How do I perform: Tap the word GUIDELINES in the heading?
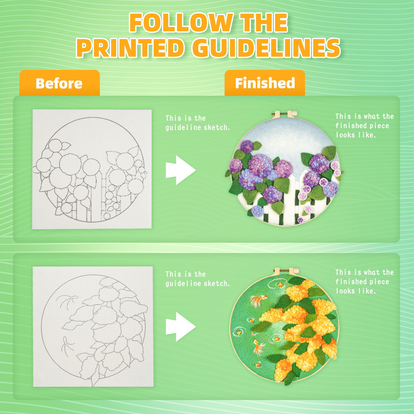(266, 48)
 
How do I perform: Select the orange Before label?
(60, 83)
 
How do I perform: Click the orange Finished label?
(265, 83)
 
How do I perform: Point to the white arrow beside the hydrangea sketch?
(181, 170)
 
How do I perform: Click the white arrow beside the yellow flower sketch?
(181, 327)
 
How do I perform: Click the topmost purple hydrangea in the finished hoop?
(247, 146)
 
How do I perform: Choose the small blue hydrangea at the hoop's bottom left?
(258, 211)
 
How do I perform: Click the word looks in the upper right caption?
(345, 135)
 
